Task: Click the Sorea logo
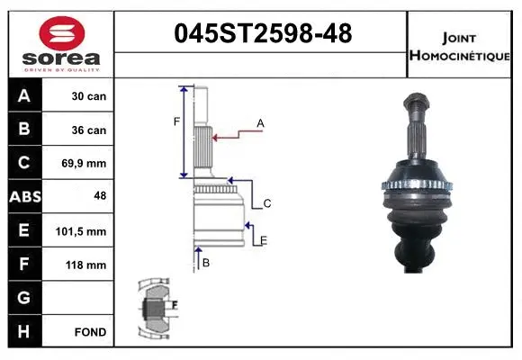tap(61, 43)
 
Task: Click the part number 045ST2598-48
tap(262, 34)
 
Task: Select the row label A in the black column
tap(24, 96)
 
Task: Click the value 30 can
tap(89, 96)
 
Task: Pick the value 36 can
tap(89, 130)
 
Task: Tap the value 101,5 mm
tap(87, 231)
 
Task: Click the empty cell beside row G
tap(79, 298)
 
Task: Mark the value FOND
tap(90, 332)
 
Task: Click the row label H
tap(24, 332)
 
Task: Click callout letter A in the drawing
tap(260, 122)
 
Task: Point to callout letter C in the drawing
tap(266, 204)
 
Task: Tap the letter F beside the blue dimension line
tap(176, 121)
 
